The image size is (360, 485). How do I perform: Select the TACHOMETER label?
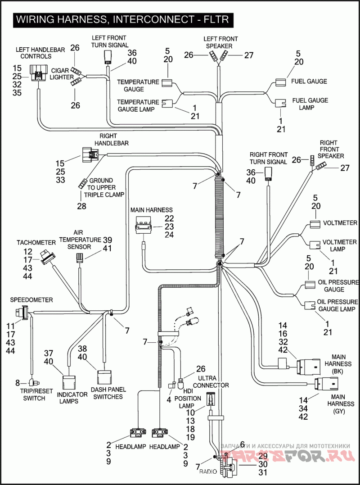36,242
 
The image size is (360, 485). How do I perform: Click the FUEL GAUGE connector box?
280,82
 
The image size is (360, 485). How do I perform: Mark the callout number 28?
81,206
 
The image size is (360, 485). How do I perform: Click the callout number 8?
18,383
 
